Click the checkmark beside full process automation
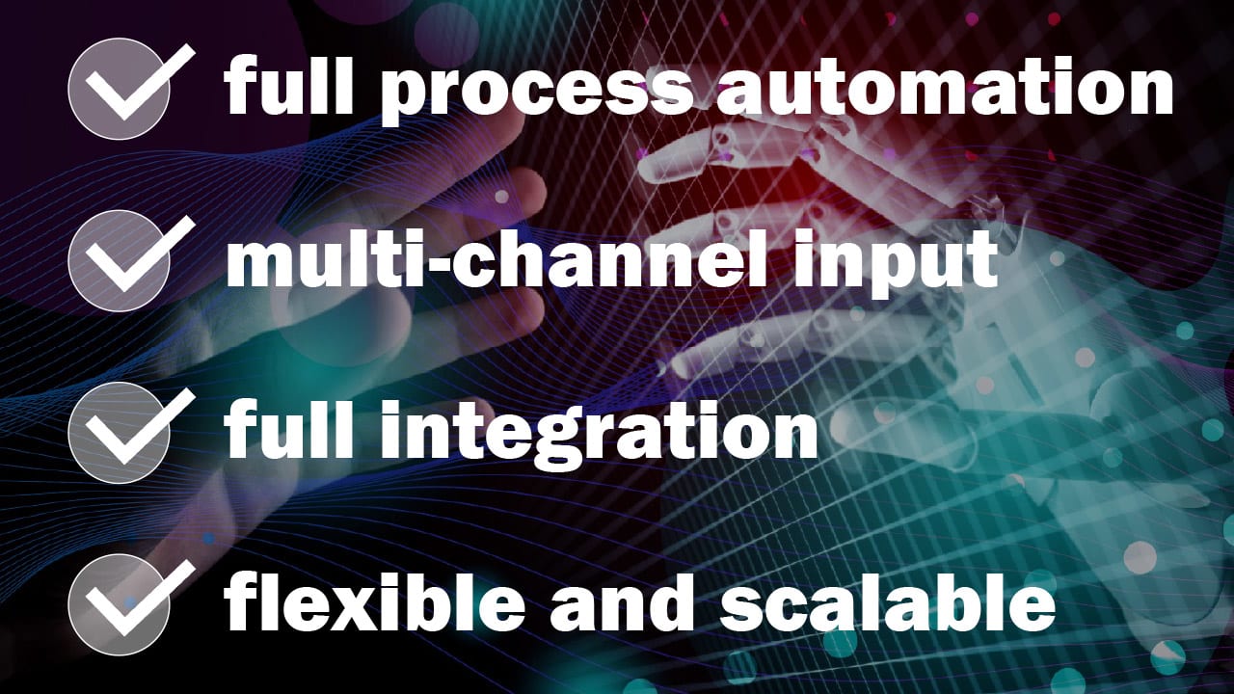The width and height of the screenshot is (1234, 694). [121, 89]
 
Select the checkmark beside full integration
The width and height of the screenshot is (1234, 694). [121, 431]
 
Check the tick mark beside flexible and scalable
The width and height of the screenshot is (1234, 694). [121, 603]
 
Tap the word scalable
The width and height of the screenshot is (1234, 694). [888, 602]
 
